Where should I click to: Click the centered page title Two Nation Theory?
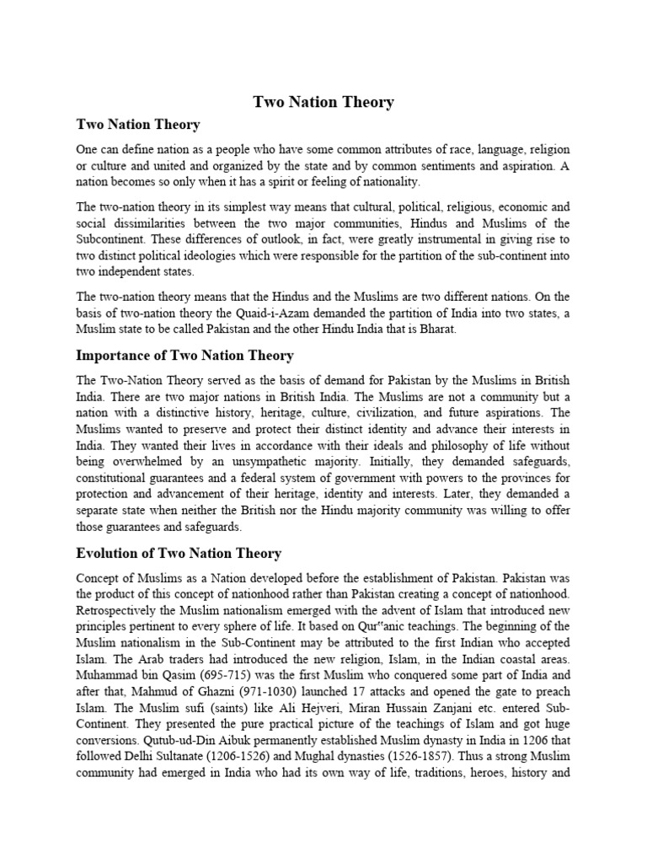click(x=323, y=102)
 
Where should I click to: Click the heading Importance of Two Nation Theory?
click(x=184, y=355)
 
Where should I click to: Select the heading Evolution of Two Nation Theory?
click(x=179, y=554)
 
